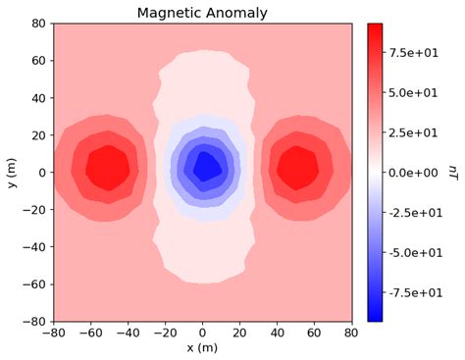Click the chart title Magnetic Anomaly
[202, 12]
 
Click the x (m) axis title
[202, 348]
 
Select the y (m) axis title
[11, 172]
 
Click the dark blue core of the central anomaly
[206, 166]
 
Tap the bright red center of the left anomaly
[107, 169]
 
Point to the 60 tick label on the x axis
[314, 334]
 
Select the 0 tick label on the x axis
[202, 334]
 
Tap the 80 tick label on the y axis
[38, 23]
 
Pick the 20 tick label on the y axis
[38, 134]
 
